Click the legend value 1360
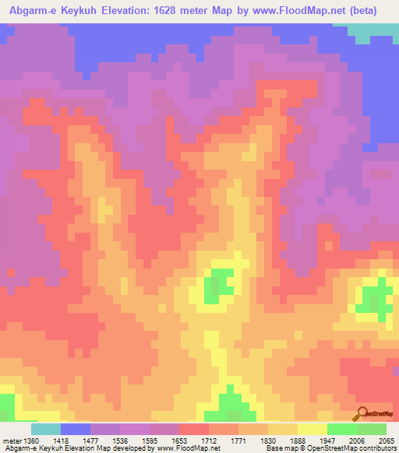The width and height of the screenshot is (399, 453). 26,441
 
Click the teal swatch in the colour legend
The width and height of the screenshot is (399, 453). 46,429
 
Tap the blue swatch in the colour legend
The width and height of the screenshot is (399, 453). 76,429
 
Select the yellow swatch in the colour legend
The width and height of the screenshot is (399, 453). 312,429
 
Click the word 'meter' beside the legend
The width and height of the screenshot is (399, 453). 9,441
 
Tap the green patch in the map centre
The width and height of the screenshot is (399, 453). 219,285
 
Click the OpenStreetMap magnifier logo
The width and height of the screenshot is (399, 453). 362,413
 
